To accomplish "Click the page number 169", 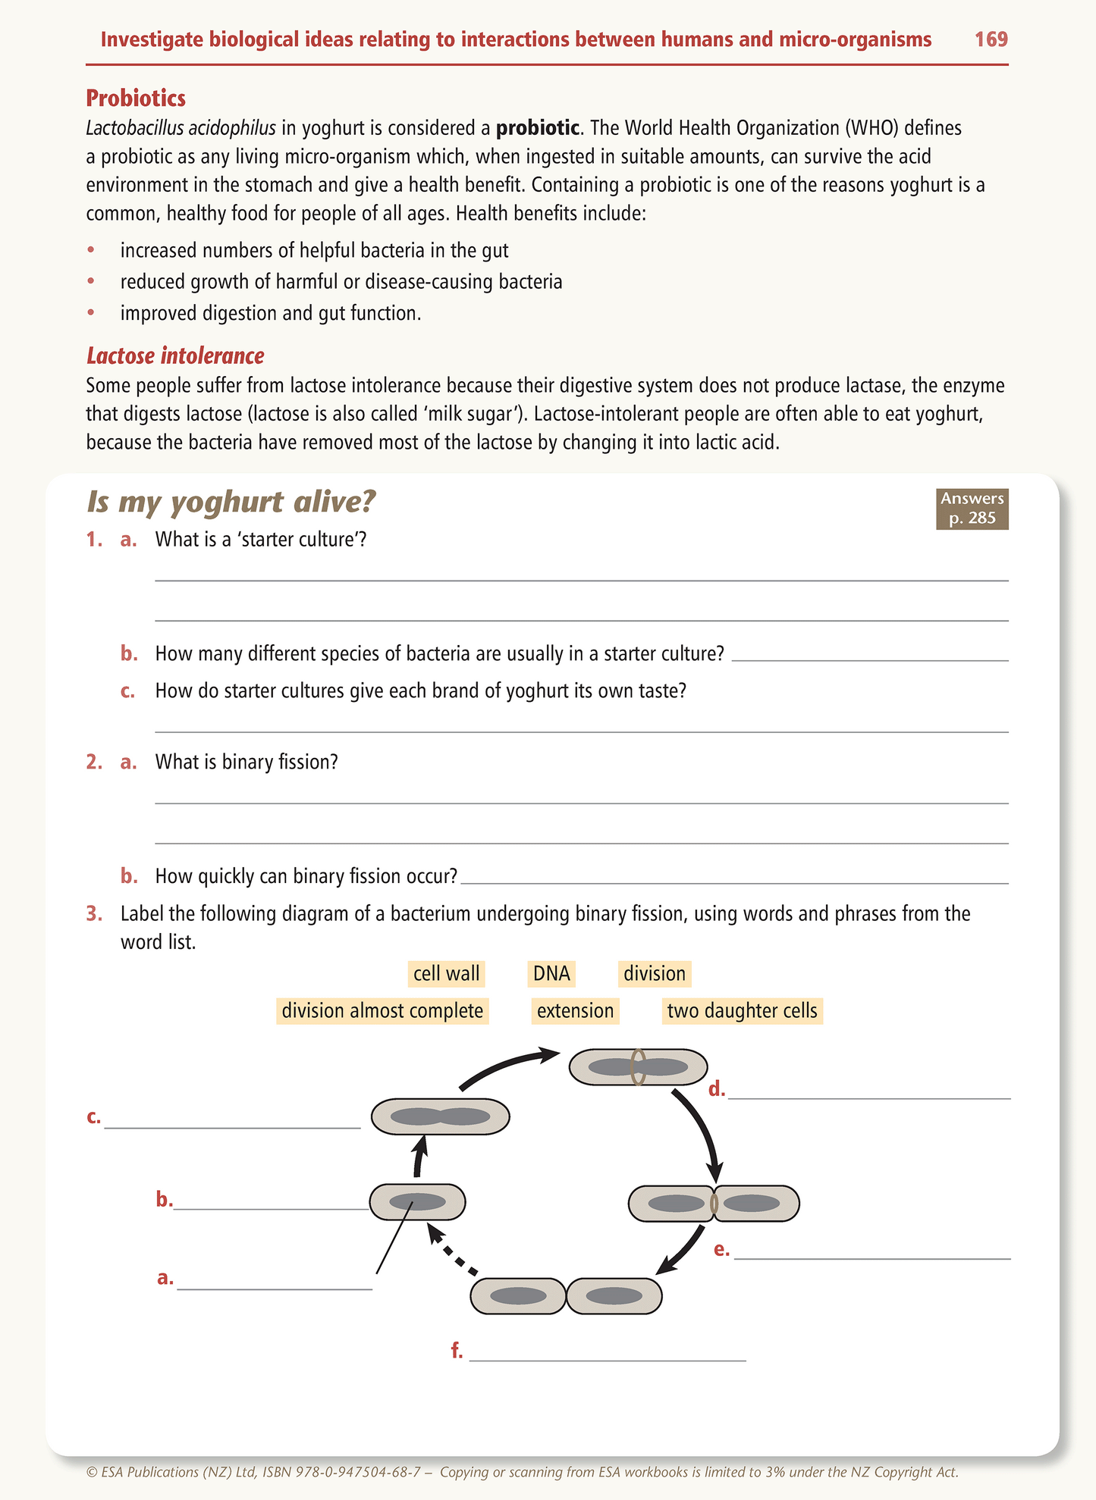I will click(x=991, y=39).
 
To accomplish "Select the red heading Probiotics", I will click(x=136, y=99).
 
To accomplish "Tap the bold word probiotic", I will click(x=537, y=127).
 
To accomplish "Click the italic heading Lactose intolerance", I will click(x=175, y=355).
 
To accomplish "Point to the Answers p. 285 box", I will click(x=972, y=508).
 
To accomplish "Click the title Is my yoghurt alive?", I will click(x=231, y=502).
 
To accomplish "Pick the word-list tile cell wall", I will click(x=446, y=973).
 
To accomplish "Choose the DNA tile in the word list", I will click(x=551, y=973).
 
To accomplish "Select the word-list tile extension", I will click(x=575, y=1010).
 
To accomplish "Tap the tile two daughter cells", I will click(x=742, y=1010).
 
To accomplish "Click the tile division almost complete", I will click(x=382, y=1010).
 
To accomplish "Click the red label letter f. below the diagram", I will click(x=457, y=1350).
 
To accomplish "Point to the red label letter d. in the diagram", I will click(x=717, y=1090).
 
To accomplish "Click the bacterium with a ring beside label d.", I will click(x=638, y=1066).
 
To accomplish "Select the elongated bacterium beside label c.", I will click(x=440, y=1116).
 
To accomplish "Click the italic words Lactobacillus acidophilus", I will click(x=181, y=127).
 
